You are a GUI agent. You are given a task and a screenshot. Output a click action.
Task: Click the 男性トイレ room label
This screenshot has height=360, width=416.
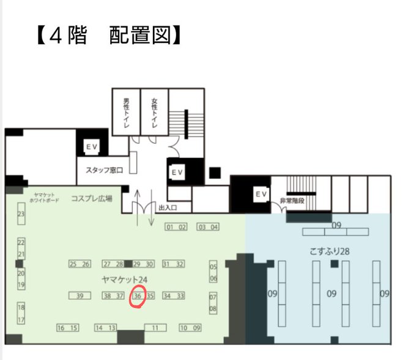126,112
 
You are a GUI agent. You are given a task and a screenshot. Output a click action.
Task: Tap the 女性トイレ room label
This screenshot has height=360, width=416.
154,112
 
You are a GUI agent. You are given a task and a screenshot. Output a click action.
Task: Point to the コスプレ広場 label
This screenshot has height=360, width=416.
92,198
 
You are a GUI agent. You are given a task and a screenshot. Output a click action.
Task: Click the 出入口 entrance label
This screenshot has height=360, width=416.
167,208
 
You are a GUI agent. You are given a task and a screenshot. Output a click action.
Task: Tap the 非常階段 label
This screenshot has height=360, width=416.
293,200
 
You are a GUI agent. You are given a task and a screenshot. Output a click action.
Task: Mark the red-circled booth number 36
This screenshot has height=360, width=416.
138,296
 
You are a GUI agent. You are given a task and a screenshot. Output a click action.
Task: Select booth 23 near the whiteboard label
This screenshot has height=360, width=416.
21,214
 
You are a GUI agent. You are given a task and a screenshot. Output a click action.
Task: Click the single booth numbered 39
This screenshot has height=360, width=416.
80,296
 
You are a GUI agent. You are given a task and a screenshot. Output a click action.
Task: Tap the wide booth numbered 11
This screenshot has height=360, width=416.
155,328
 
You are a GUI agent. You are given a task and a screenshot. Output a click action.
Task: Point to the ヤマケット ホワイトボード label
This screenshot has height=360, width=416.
46,196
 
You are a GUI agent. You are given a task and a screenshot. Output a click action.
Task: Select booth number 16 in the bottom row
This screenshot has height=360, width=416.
61,328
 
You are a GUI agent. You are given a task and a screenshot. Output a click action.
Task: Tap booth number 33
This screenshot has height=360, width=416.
180,296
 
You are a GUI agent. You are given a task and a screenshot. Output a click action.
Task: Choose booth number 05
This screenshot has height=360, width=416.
214,267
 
